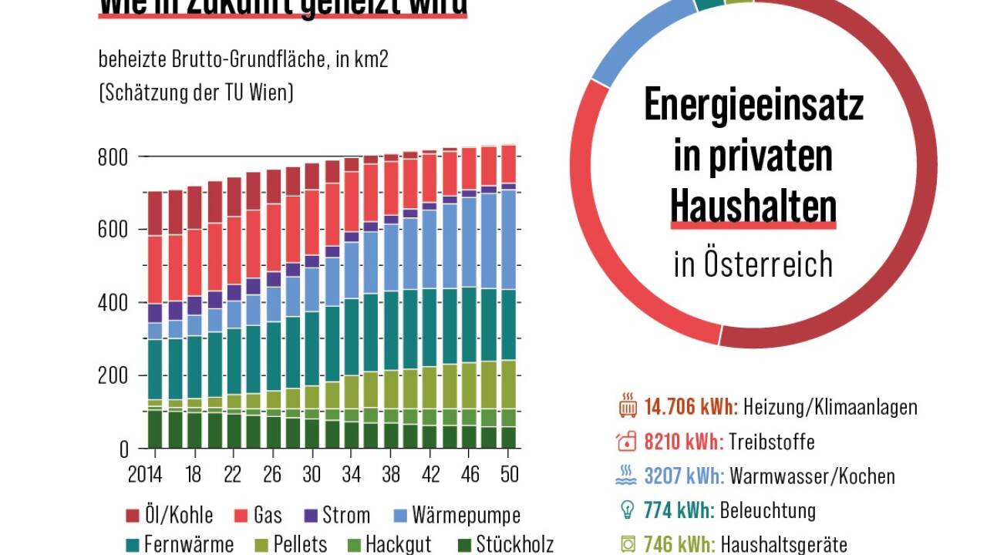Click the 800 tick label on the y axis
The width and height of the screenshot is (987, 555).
pyautogui.click(x=113, y=156)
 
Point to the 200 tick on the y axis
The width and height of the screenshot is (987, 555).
pyautogui.click(x=113, y=376)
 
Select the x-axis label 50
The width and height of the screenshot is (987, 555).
pyautogui.click(x=509, y=473)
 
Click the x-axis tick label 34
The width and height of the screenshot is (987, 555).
pyautogui.click(x=352, y=473)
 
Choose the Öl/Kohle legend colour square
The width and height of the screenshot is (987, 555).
pyautogui.click(x=131, y=515)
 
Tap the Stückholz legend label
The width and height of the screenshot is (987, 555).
pyautogui.click(x=515, y=544)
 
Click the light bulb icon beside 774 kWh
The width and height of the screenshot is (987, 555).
pyautogui.click(x=626, y=510)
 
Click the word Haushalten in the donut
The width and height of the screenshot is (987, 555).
pyautogui.click(x=753, y=206)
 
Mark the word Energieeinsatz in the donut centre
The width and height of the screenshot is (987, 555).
pyautogui.click(x=753, y=106)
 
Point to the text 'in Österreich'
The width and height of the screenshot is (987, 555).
pyautogui.click(x=753, y=264)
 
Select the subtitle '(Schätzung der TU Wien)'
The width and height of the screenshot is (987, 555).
pyautogui.click(x=196, y=93)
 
